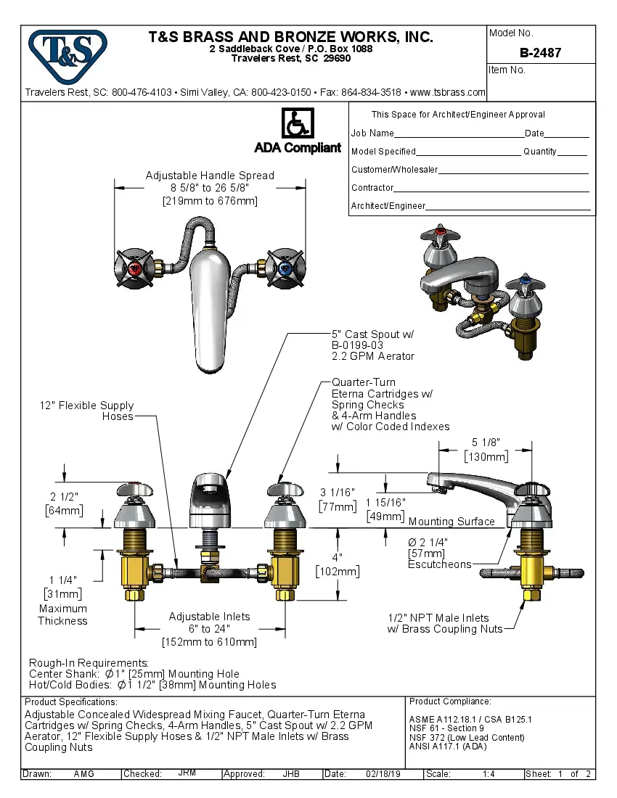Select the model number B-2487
(540, 53)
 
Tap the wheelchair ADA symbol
(297, 123)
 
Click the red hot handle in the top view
(136, 270)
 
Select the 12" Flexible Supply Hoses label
(86, 411)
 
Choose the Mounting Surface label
(451, 522)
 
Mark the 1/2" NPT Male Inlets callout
(445, 623)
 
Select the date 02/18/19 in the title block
(384, 774)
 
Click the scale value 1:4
(489, 774)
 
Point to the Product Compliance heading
(450, 702)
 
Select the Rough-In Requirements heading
(89, 663)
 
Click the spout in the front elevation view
(210, 501)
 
